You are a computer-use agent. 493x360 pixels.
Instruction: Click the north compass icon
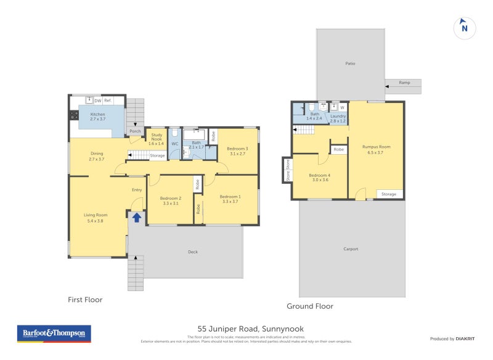click(x=465, y=28)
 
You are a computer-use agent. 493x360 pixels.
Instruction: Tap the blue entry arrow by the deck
click(x=136, y=217)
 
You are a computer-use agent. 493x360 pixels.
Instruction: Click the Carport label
click(x=351, y=249)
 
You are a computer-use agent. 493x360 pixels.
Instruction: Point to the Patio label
click(x=350, y=63)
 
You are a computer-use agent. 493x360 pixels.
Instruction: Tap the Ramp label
click(x=404, y=83)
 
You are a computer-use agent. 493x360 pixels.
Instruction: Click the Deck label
click(x=192, y=252)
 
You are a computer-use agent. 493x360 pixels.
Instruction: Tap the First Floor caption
click(x=85, y=300)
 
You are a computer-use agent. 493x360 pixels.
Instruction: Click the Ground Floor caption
click(x=310, y=306)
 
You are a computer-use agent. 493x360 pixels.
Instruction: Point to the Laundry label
click(x=338, y=118)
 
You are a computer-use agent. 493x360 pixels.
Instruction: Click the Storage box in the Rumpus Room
click(x=389, y=194)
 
